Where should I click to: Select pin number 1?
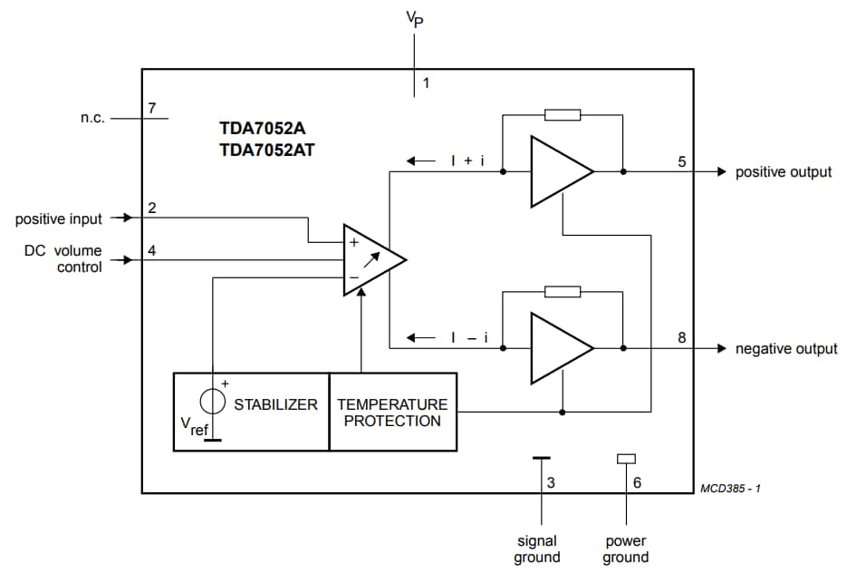click(426, 83)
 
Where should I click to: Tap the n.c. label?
click(92, 118)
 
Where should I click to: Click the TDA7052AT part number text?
click(267, 151)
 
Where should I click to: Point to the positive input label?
click(59, 219)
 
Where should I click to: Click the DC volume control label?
click(63, 258)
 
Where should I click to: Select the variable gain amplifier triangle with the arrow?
click(371, 259)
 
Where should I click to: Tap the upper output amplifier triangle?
click(556, 171)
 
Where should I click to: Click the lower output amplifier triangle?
click(556, 348)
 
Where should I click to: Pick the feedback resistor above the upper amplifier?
click(563, 115)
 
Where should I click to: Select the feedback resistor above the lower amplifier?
click(563, 291)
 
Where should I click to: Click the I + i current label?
click(467, 161)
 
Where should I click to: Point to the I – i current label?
click(469, 338)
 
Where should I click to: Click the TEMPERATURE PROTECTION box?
click(392, 412)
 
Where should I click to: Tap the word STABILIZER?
click(275, 404)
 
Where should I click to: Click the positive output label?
click(783, 172)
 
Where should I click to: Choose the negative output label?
click(785, 349)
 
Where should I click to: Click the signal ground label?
click(537, 549)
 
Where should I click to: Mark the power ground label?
click(626, 549)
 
